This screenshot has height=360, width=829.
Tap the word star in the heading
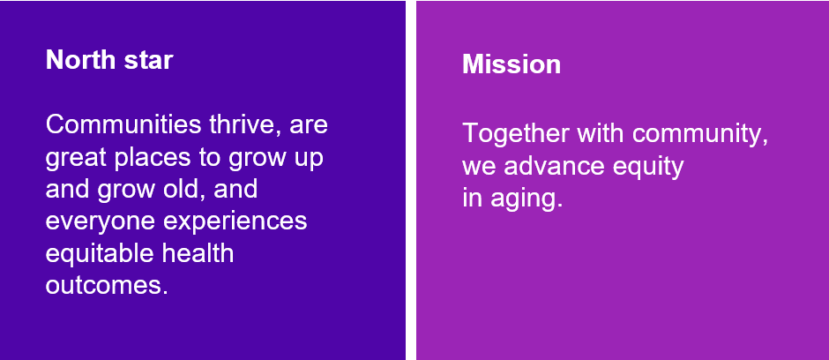tap(148, 60)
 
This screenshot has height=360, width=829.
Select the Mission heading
tap(512, 64)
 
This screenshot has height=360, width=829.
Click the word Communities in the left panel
tap(123, 124)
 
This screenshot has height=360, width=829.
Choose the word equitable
tap(100, 254)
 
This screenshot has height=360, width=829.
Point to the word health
tap(198, 252)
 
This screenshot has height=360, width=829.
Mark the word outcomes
tap(107, 286)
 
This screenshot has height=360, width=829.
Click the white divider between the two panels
tap(411, 180)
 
